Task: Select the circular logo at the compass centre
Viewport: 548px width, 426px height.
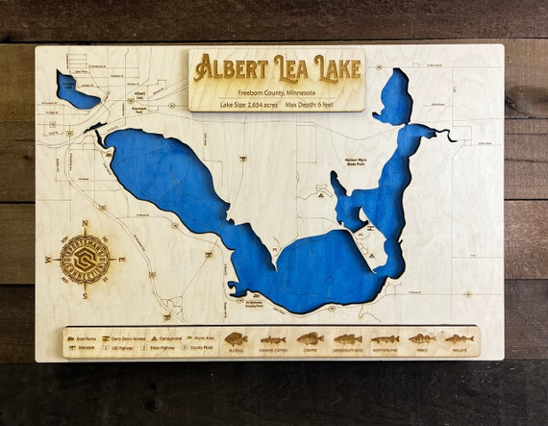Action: pyautogui.click(x=85, y=258)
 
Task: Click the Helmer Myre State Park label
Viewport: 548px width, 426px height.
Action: pyautogui.click(x=362, y=161)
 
